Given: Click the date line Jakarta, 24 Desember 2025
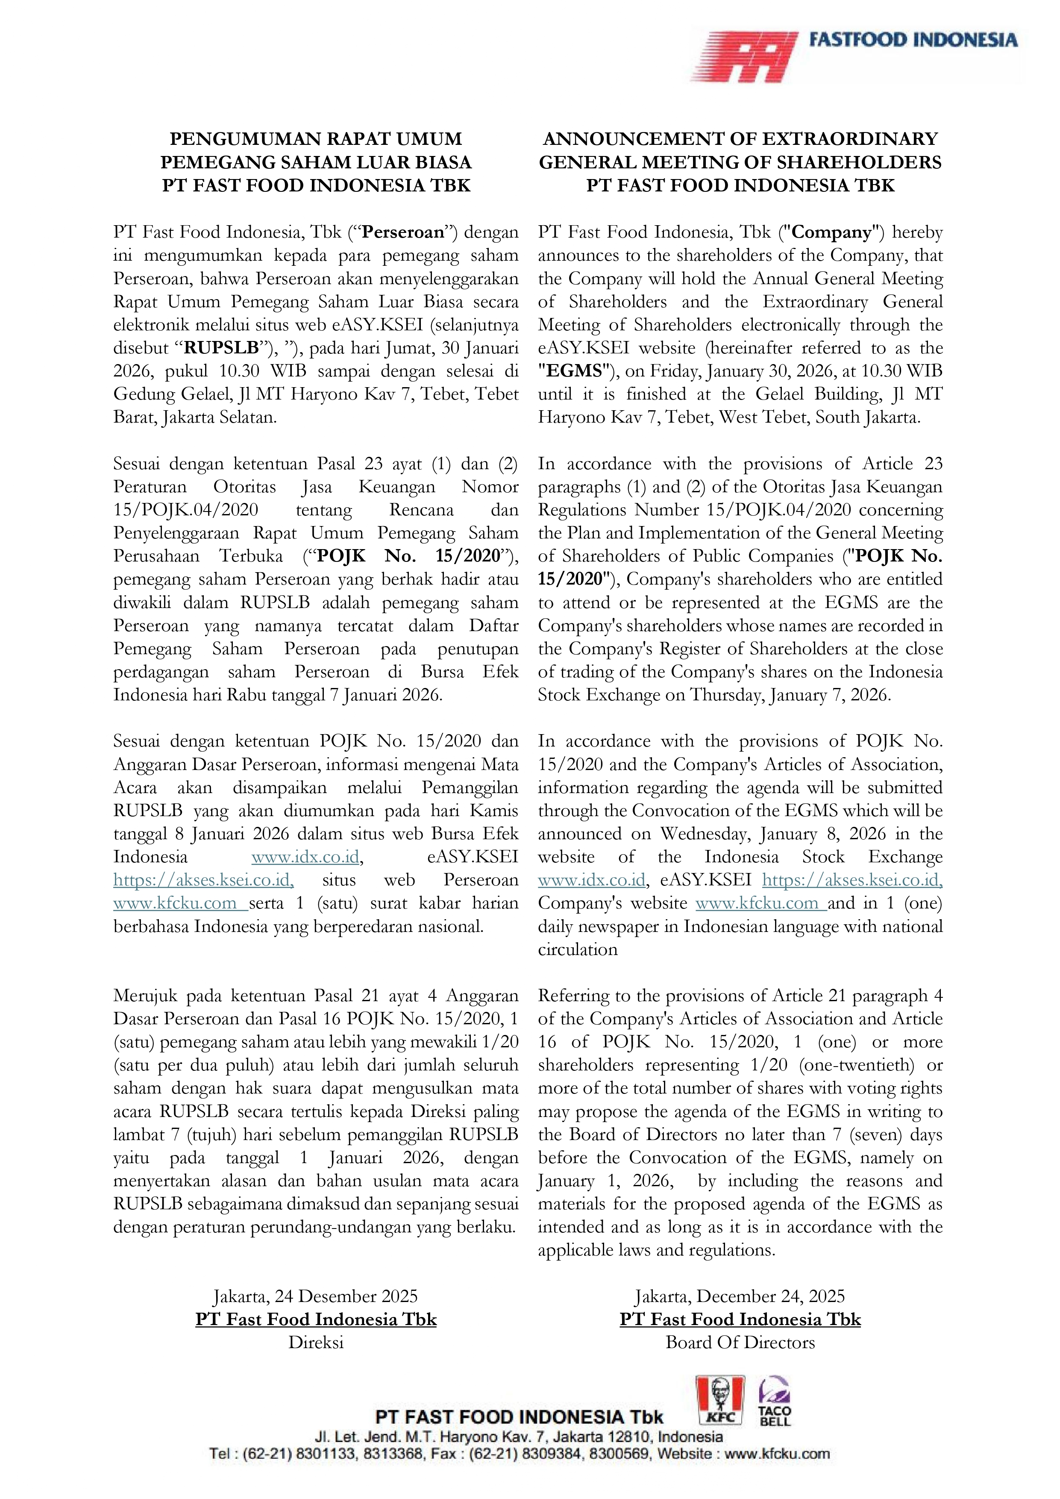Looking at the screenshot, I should point(316,1296).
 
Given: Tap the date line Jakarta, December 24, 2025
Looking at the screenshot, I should point(740,1296).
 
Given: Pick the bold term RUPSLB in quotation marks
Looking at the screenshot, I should point(221,348).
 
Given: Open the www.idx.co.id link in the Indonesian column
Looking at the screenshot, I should point(305,857).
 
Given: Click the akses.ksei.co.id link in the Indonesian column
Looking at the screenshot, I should point(203,880).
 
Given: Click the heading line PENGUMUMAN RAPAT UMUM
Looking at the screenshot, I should point(316,139).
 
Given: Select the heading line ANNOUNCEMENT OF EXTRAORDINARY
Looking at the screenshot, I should point(740,139).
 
